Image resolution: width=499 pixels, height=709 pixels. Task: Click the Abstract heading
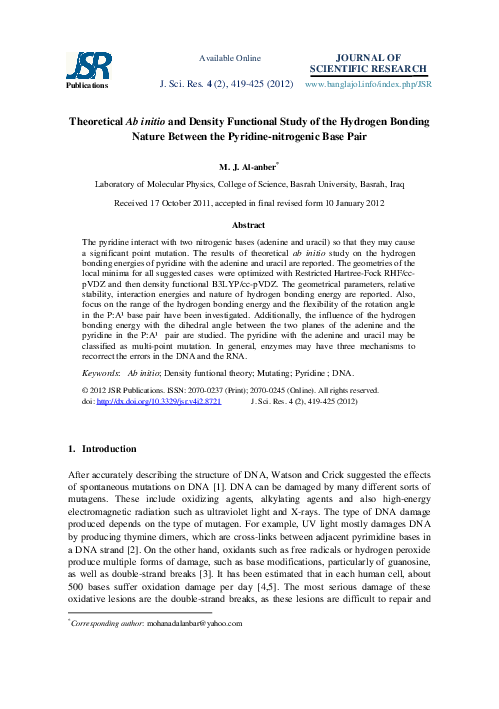(x=249, y=227)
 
